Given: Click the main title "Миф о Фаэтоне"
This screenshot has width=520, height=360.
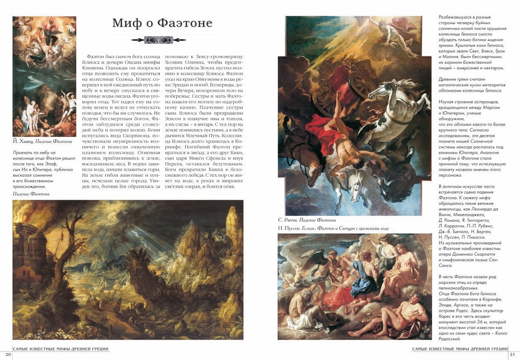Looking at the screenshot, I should click(x=162, y=23).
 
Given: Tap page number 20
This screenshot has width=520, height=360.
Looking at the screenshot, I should click(x=5, y=354).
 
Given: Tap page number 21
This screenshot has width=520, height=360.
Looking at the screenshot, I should click(x=513, y=354).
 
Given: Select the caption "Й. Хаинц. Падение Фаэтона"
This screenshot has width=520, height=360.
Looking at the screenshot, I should click(x=42, y=141).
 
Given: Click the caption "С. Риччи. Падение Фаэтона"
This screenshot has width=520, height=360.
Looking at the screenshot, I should click(x=307, y=221).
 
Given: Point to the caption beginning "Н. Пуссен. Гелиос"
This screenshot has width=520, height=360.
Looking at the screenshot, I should click(x=333, y=228).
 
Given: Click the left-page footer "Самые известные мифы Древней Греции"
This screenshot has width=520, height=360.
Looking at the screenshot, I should click(x=60, y=349).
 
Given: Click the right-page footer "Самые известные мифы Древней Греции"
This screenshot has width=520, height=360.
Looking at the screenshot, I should click(x=460, y=349).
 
